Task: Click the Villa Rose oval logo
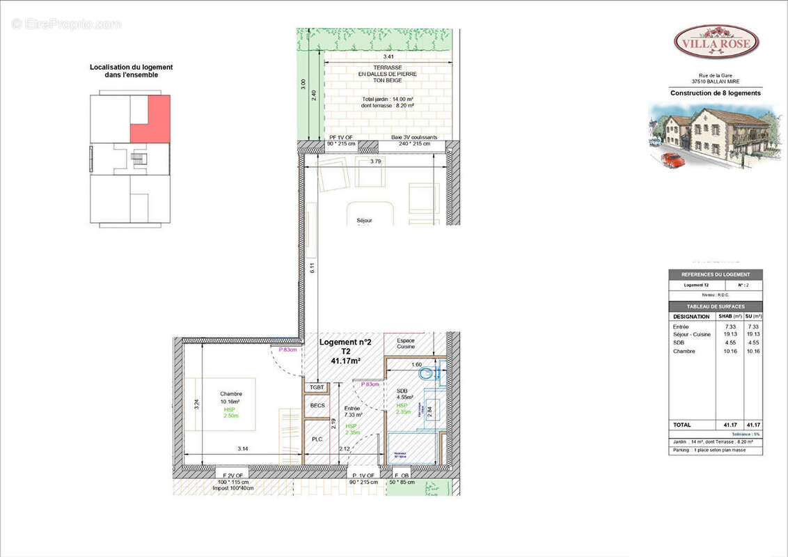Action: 716,42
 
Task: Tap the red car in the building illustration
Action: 672,159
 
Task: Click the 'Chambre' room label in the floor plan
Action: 230,394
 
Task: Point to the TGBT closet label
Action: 317,387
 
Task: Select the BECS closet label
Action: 317,406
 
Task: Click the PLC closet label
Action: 317,439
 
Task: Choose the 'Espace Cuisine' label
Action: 405,343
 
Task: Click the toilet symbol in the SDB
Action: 427,374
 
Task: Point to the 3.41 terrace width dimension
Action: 388,56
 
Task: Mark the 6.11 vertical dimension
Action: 313,267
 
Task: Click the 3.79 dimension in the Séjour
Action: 375,162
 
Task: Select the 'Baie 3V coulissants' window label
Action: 414,137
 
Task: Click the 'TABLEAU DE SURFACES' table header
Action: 715,306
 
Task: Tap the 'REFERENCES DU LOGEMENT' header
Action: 715,275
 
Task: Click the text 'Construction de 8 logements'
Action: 715,93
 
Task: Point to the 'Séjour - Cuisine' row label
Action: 692,334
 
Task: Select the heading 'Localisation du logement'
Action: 131,68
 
